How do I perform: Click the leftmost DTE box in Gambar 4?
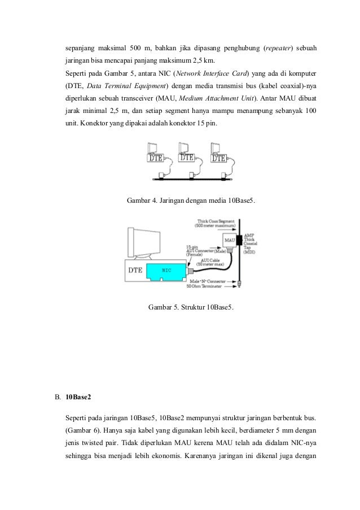point(156,159)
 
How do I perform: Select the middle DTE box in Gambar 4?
point(187,158)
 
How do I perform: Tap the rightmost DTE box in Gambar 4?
point(218,158)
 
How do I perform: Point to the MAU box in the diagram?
point(230,241)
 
